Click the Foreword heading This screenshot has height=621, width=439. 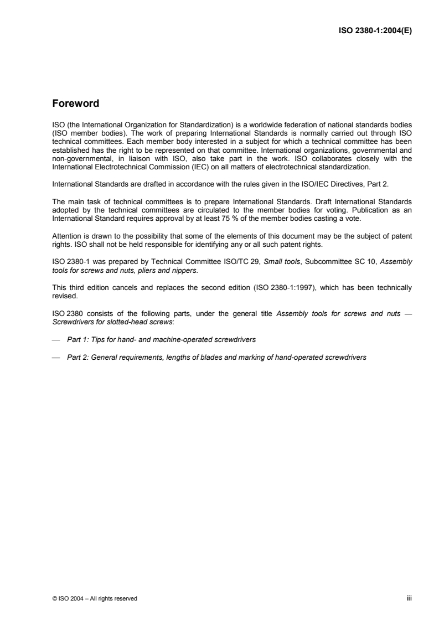pos(75,103)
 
